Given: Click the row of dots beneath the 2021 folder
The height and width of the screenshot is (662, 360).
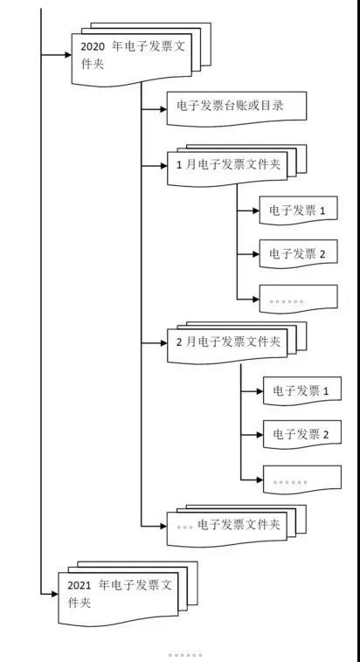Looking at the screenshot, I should [185, 653].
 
